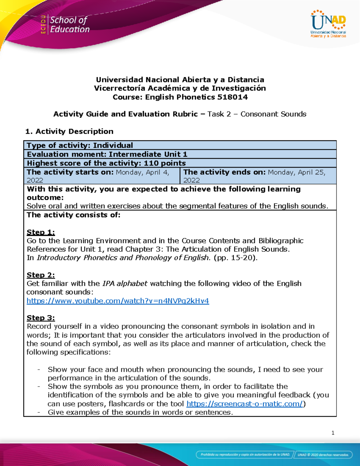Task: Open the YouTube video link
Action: click(x=118, y=301)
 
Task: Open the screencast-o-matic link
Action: click(x=244, y=404)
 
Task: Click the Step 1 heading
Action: click(x=40, y=232)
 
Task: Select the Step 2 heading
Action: click(x=40, y=275)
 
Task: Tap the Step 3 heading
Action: click(x=40, y=318)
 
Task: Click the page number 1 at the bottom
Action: click(x=333, y=433)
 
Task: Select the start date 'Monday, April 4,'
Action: click(x=142, y=172)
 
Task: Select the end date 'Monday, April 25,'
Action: click(x=296, y=172)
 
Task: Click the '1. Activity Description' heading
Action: click(x=69, y=131)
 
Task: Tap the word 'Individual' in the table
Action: click(x=113, y=145)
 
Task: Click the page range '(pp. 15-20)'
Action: click(x=235, y=257)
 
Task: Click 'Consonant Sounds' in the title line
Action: click(x=273, y=114)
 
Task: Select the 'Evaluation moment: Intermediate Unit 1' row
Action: click(x=107, y=154)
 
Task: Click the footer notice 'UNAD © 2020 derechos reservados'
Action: click(x=323, y=455)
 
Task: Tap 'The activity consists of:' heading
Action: click(x=73, y=215)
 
